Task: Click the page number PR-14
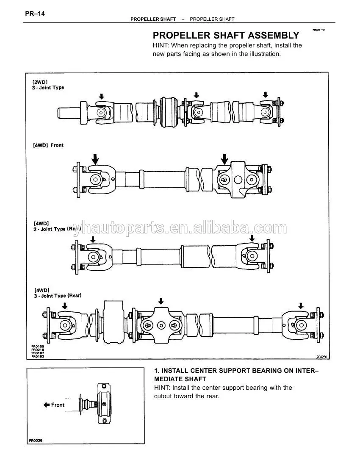tap(35, 14)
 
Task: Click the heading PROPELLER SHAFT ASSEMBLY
tap(226, 35)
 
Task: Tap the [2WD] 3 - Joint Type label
tap(48, 85)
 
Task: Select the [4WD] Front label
tap(48, 145)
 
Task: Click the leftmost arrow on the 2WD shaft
tap(101, 97)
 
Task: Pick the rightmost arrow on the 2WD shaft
tap(266, 95)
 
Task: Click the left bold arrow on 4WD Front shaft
tap(95, 159)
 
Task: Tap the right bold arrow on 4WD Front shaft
tap(224, 159)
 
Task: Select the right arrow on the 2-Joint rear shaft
tap(252, 239)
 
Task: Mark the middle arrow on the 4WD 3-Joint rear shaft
tap(161, 301)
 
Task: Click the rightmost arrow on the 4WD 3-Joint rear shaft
tap(301, 305)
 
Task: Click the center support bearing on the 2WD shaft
tap(170, 111)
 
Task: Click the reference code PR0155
tap(38, 347)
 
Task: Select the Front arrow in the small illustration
tap(47, 405)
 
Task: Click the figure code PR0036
tap(36, 441)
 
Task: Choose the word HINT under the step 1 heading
tap(161, 388)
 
